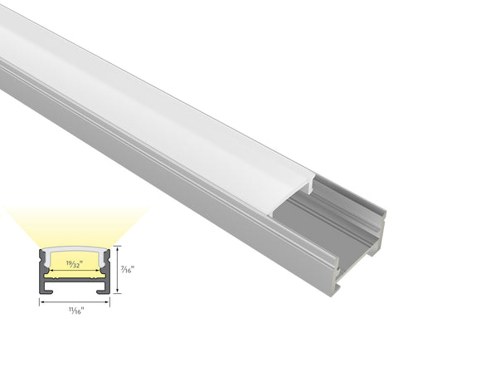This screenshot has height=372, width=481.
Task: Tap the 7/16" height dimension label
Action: (127, 269)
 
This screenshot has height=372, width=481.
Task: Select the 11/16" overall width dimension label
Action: (75, 310)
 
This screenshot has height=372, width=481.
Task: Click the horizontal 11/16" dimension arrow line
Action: (75, 301)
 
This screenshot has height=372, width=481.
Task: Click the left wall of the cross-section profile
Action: (41, 270)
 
